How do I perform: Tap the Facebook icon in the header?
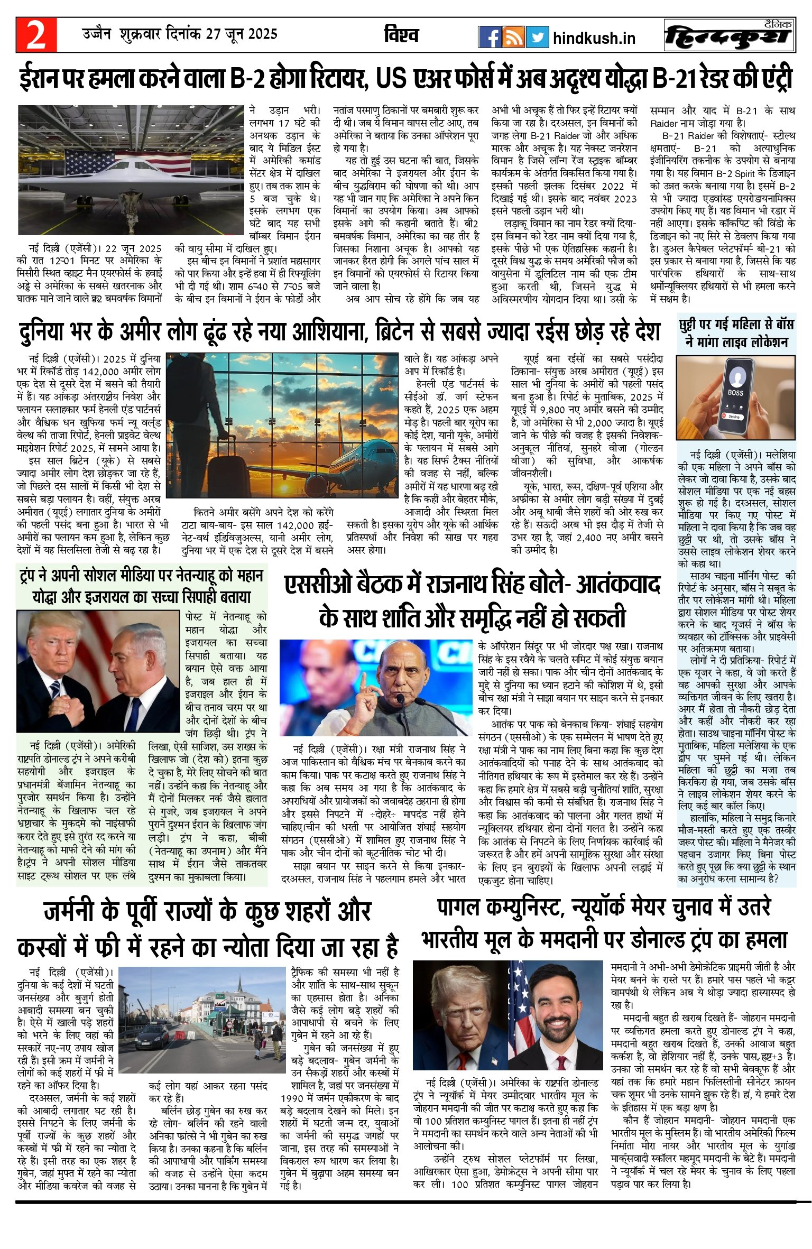pos(490,37)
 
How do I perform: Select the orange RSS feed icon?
pos(513,37)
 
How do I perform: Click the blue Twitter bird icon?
pos(537,37)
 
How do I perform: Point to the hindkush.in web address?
pos(594,39)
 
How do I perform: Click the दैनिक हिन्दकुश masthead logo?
pos(729,36)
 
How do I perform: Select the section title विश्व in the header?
pos(402,35)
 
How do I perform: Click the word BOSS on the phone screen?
pos(735,393)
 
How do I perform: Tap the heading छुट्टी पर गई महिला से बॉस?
pos(736,323)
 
